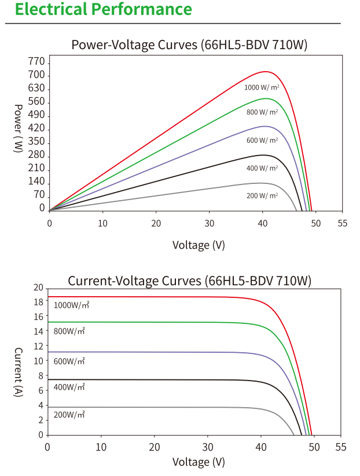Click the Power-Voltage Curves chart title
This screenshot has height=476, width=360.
189,45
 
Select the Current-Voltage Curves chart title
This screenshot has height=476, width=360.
189,281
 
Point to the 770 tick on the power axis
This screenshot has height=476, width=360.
36,62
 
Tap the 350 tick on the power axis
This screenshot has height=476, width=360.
36,142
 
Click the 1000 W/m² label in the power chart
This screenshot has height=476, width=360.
262,87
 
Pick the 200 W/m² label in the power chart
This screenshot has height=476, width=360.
262,195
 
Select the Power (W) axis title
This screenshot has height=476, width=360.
18,128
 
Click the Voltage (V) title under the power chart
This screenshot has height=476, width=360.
199,245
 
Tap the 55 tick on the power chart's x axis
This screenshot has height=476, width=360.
342,223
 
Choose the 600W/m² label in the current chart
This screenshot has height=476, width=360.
69,361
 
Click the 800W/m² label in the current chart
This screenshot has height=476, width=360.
69,331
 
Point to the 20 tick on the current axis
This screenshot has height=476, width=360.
39,288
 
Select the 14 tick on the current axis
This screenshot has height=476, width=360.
39,331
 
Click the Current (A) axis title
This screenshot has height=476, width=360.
18,372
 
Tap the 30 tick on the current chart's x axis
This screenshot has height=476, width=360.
207,447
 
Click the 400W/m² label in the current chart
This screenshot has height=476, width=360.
69,387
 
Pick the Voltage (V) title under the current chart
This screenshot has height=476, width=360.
199,462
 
